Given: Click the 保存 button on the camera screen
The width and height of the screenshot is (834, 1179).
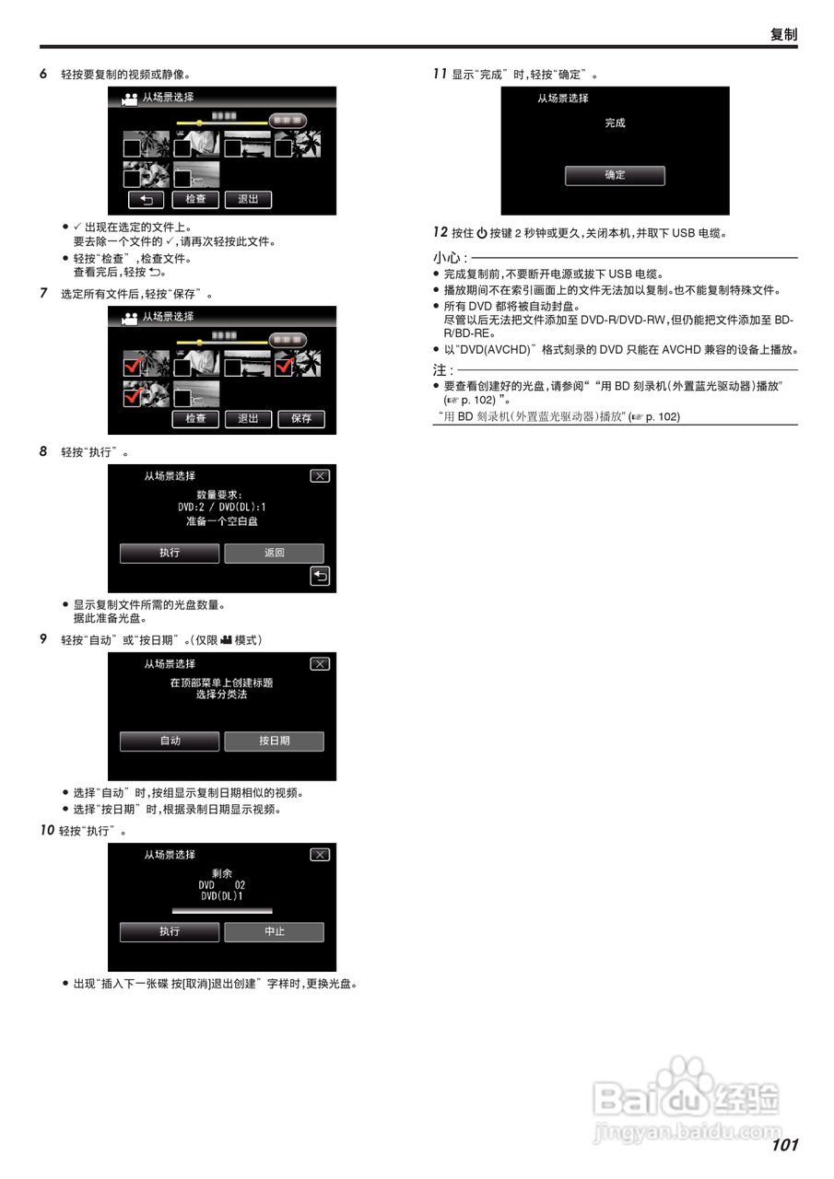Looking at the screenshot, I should click(x=301, y=419).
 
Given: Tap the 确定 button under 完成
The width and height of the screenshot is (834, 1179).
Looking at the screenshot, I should click(x=615, y=175).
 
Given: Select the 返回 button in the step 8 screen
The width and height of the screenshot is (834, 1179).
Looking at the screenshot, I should click(x=275, y=553).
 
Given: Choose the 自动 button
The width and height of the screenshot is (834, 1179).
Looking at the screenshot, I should click(x=170, y=741).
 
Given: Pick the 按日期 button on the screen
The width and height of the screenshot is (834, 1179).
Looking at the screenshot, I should click(x=275, y=741).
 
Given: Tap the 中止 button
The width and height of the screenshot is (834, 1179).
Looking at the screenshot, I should click(x=275, y=931).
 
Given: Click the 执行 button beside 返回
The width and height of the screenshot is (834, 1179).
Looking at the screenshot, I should click(x=170, y=553).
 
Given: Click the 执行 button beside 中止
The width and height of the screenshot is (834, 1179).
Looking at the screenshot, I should click(x=170, y=931).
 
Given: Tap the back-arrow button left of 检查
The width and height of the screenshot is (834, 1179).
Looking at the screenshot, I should click(x=147, y=199).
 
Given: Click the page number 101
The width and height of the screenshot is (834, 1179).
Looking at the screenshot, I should click(x=784, y=1145).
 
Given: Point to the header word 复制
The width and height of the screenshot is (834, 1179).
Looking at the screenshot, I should click(x=783, y=35).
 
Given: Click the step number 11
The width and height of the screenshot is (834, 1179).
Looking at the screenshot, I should click(x=440, y=74).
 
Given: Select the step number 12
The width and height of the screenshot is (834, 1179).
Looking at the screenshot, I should click(x=440, y=233).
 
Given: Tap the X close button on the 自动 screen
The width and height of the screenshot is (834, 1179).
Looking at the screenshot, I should click(x=320, y=664).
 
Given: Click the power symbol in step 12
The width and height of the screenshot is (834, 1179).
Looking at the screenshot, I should click(x=481, y=234).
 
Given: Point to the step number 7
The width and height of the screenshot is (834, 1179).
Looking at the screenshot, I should click(x=43, y=294).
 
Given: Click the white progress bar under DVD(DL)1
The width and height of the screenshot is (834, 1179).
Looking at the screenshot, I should click(x=222, y=909).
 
